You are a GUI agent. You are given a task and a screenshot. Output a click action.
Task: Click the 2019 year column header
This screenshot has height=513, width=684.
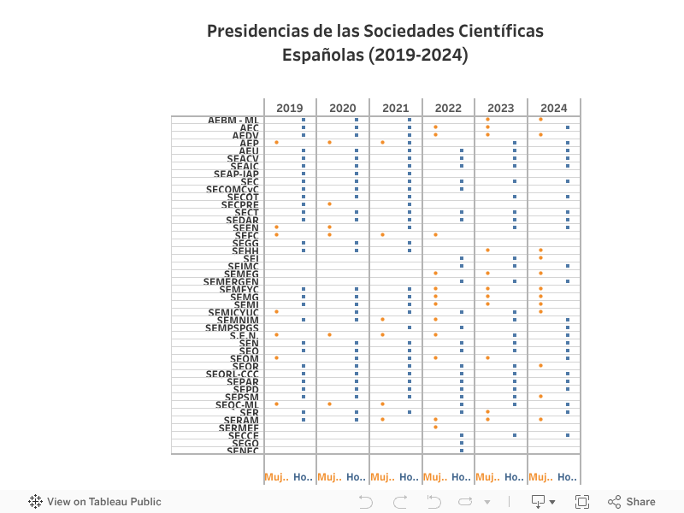pos(290,108)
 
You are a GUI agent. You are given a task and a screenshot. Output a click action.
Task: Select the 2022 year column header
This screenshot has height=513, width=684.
pos(448,108)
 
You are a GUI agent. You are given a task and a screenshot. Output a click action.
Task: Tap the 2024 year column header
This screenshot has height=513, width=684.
pos(554,108)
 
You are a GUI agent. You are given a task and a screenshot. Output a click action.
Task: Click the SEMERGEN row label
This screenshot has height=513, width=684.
pos(231,281)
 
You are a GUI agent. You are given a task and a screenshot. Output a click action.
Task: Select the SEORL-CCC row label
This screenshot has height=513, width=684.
pos(232,374)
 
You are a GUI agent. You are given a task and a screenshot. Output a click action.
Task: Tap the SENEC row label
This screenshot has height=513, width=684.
pos(243,451)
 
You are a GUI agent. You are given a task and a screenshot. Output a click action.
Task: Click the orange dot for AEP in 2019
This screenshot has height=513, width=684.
pos(276,143)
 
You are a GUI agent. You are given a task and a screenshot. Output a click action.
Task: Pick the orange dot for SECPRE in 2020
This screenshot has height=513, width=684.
pos(329,204)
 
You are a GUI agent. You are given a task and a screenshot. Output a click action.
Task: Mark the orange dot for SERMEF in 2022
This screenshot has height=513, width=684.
pos(435,427)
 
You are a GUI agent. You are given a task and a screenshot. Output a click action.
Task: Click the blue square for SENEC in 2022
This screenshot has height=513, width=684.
pos(462,451)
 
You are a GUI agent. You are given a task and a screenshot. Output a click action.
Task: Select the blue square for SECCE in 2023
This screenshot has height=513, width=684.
pos(515,435)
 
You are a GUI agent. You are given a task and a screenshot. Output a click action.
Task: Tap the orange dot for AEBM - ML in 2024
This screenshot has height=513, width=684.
pos(541,120)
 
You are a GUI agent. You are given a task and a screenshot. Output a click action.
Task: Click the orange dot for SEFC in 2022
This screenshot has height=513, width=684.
pos(435,235)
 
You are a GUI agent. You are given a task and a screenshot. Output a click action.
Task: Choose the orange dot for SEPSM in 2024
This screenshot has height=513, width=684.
pos(541,396)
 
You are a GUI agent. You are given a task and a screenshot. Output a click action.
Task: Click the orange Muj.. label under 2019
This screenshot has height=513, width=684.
pos(276,477)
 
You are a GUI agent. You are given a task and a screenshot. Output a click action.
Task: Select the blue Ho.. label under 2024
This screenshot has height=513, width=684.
pos(567,477)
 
